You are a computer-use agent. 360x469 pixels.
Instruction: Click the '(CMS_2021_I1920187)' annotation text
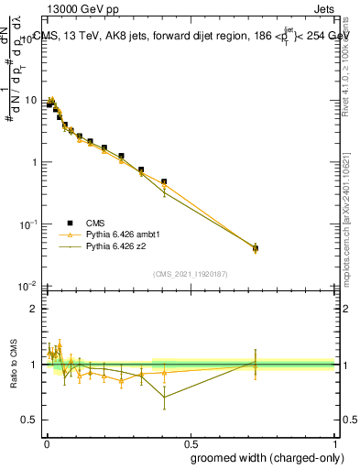tap(190, 273)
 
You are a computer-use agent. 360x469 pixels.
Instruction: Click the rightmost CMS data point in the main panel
tap(256, 247)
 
